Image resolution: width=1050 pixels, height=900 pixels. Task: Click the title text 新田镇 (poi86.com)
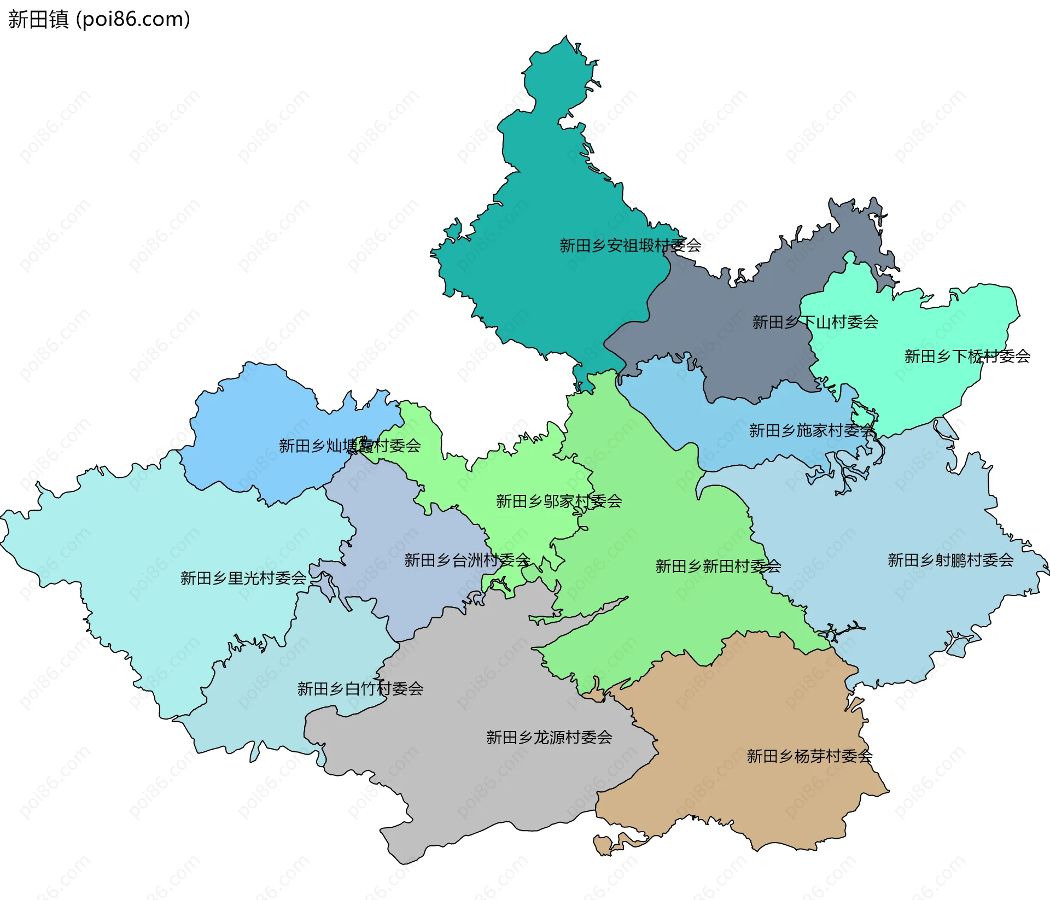tap(99, 19)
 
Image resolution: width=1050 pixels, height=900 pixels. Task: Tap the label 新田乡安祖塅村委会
tap(630, 246)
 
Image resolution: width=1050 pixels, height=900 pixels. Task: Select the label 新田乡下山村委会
tap(815, 322)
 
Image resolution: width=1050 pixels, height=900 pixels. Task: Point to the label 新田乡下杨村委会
tap(967, 357)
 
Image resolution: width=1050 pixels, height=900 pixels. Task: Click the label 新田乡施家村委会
tap(812, 431)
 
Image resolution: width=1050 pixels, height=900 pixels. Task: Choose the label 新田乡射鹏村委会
tap(950, 560)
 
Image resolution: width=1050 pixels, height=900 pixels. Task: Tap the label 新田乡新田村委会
tap(718, 566)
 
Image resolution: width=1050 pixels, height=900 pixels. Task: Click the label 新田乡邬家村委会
tap(559, 501)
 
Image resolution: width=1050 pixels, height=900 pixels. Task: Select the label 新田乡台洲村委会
tap(467, 560)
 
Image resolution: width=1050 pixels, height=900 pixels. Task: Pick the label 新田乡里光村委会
tap(243, 578)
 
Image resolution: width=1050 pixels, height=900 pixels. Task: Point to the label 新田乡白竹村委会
tap(360, 688)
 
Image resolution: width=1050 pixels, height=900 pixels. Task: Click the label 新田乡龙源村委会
tap(549, 737)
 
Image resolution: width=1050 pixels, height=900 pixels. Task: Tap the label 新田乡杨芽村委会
tap(809, 756)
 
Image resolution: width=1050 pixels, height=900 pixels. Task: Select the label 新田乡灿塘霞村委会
tap(350, 446)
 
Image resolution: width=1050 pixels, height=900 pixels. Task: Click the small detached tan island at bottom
tap(603, 844)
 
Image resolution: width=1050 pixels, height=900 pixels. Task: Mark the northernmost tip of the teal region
tap(566, 37)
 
